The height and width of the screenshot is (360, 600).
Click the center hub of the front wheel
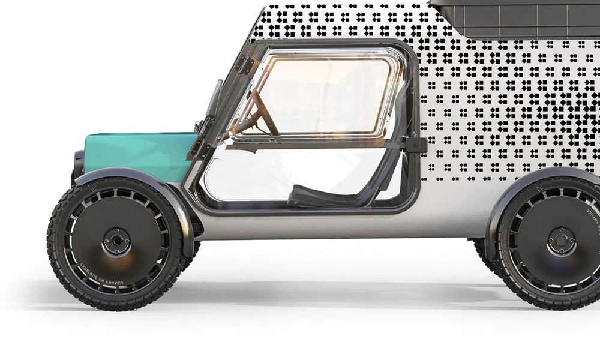114,241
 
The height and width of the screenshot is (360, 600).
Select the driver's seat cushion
312,195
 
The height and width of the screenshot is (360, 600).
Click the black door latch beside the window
415,145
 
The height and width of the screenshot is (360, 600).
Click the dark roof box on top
516,15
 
